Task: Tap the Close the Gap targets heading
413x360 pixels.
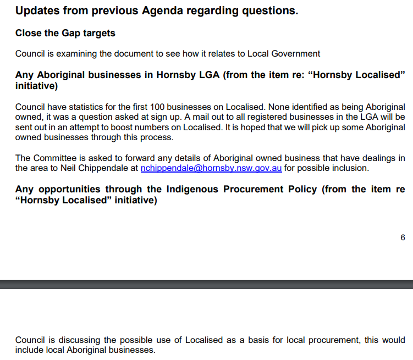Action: (65, 33)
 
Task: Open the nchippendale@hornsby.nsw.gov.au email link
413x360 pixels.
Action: (211, 168)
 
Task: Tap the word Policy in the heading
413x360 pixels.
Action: (301, 190)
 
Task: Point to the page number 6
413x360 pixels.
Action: (403, 237)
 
